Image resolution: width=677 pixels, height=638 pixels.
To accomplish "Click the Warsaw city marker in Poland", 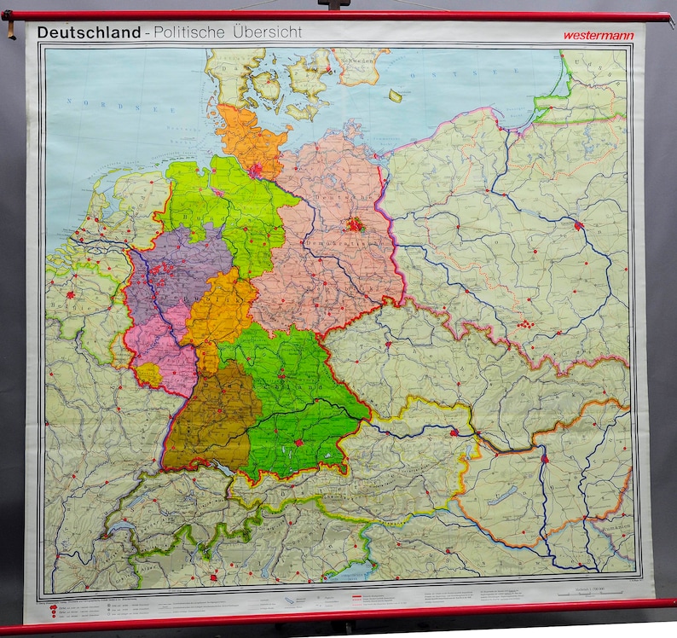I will (579, 226).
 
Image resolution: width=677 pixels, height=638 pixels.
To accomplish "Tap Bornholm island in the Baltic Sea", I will (395, 96).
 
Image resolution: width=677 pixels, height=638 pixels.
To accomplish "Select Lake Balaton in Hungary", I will (503, 495).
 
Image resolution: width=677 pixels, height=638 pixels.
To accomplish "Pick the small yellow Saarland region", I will (148, 374).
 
